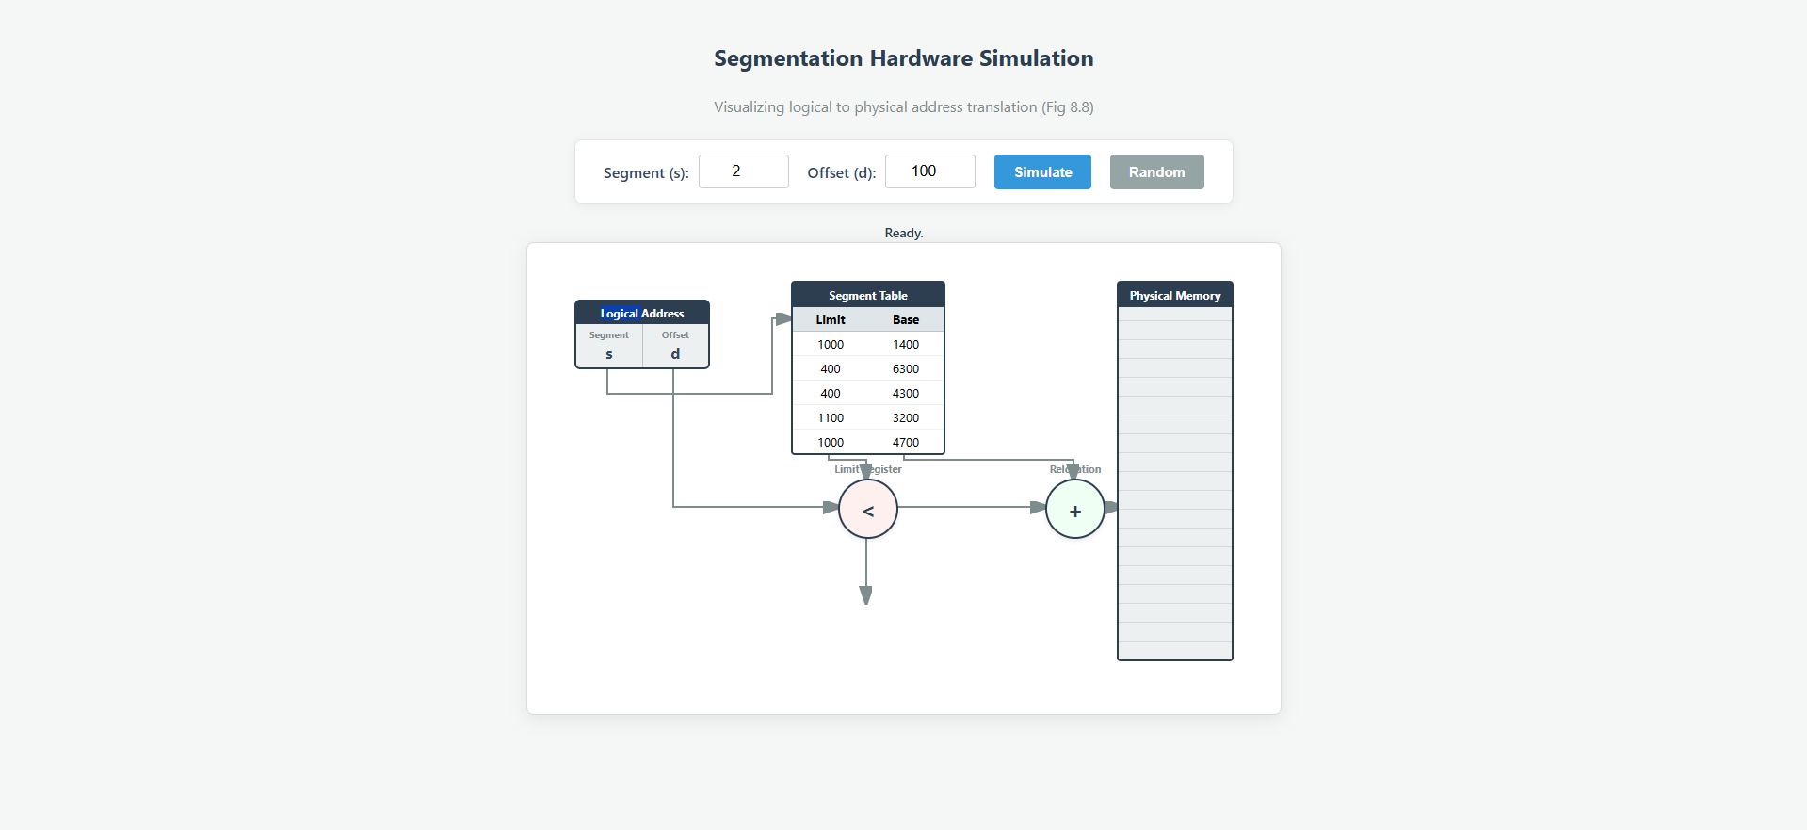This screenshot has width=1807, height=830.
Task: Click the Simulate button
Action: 1042,172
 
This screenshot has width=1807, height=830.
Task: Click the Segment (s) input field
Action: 743,171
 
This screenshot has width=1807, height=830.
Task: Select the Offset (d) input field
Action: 929,171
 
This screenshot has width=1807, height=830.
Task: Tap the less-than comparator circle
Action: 867,510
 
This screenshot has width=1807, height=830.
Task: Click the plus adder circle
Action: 1074,510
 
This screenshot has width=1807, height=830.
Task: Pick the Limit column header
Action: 830,320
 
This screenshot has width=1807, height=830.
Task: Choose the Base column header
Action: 905,320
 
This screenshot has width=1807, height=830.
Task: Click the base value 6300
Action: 905,369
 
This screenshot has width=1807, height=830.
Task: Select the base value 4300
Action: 905,394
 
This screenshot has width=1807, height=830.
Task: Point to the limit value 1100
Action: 830,418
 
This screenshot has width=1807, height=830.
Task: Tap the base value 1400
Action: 905,345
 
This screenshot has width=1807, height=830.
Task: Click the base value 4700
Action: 905,443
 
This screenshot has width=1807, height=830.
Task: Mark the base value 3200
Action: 905,418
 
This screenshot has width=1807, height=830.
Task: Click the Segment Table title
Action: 867,296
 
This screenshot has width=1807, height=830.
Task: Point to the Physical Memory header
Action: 1174,296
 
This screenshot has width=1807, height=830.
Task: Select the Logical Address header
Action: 641,314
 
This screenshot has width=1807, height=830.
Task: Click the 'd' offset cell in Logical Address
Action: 675,348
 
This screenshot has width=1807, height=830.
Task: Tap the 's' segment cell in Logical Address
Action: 608,348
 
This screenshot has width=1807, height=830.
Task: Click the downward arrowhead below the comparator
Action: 865,595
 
